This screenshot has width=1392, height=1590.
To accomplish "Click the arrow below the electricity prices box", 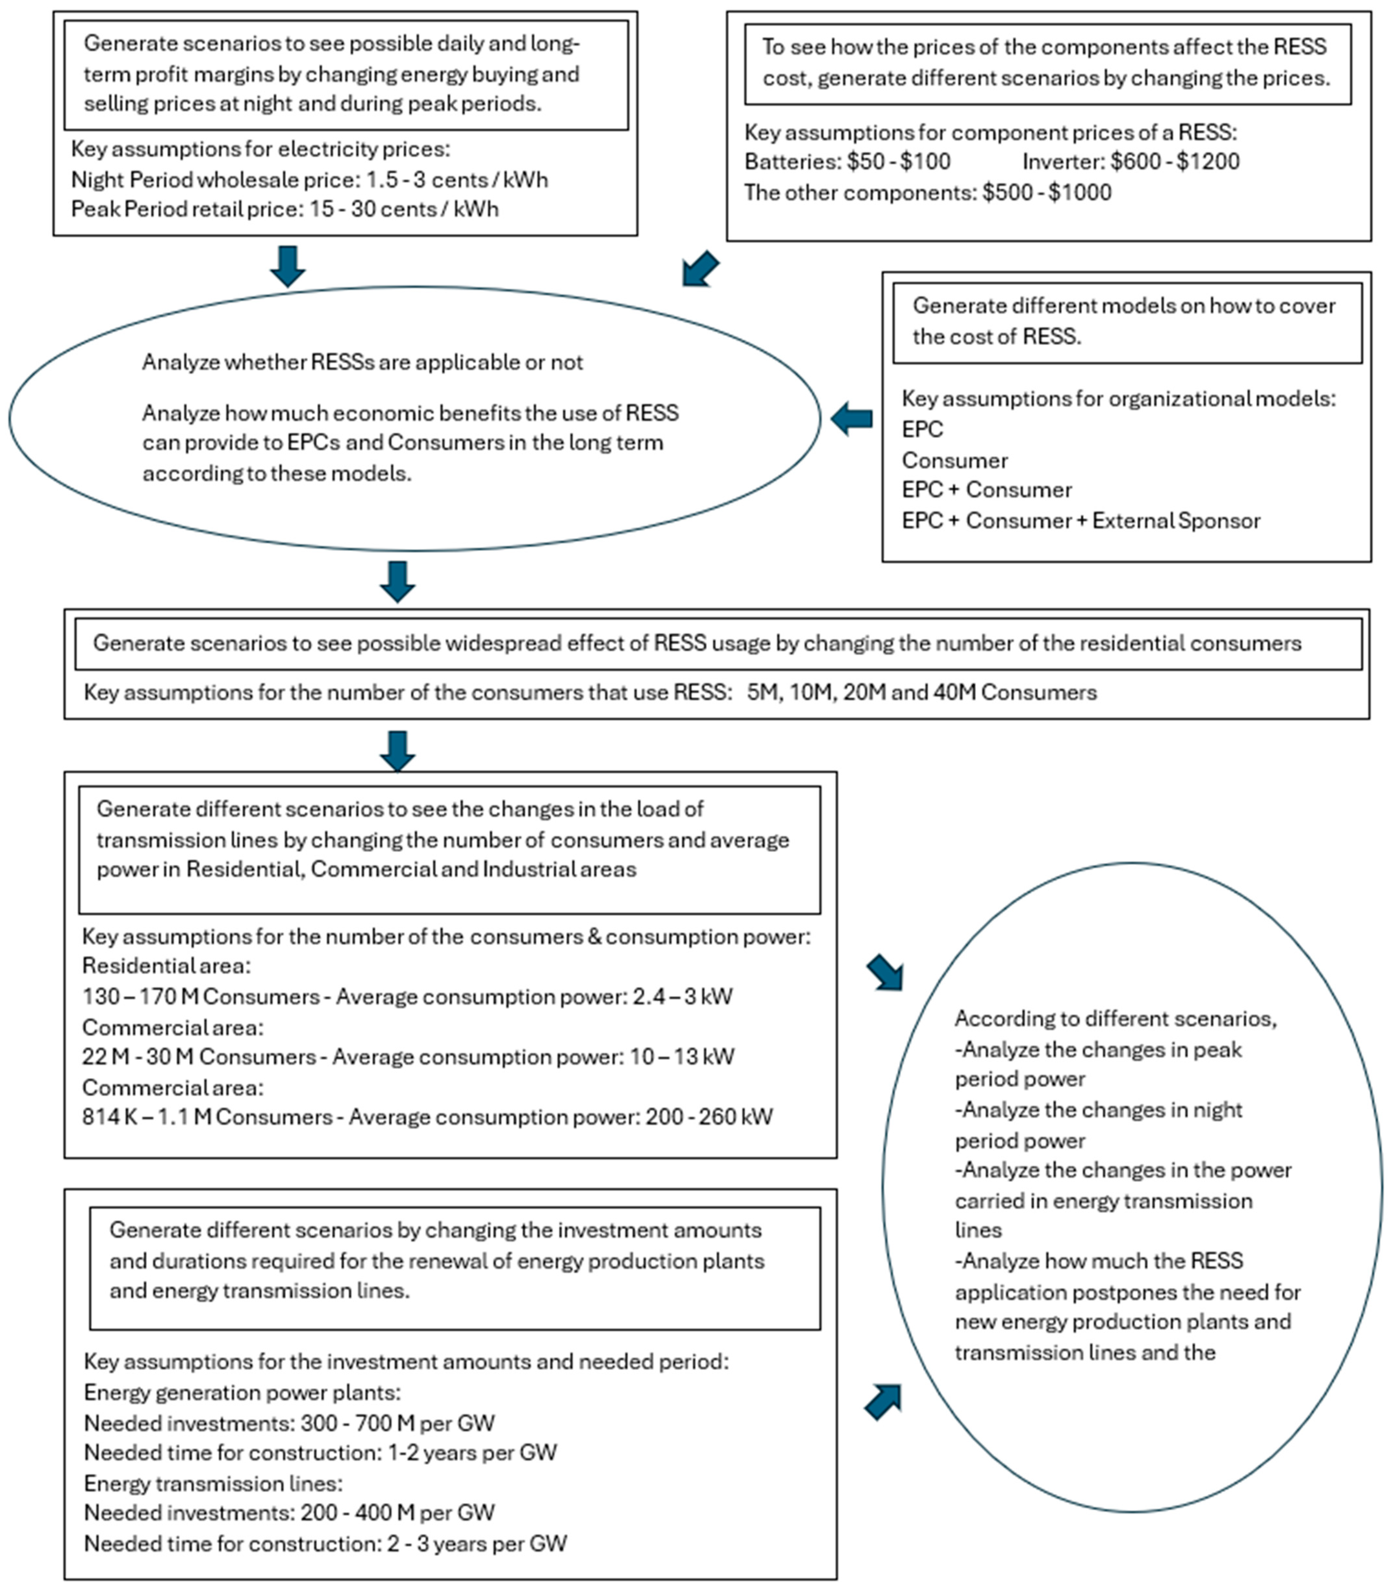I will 287,266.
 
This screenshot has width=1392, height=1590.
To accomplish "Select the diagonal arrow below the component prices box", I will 701,269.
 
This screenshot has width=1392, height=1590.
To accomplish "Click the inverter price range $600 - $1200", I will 1174,161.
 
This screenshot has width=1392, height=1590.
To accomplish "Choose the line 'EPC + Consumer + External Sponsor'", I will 1081,521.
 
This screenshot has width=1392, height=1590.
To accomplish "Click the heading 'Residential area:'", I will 166,966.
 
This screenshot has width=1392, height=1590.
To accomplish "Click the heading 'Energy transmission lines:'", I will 213,1483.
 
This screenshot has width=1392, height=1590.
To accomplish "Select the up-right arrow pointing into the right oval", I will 883,1401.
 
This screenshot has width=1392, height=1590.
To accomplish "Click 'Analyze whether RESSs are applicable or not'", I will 362,363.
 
